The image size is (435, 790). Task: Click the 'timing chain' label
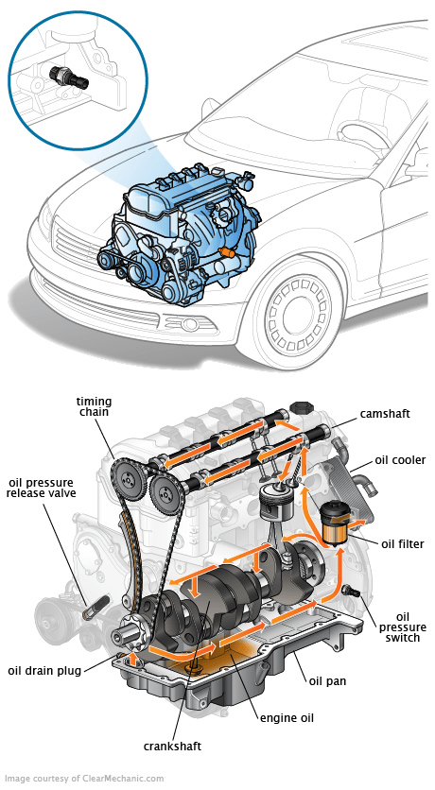pos(94,406)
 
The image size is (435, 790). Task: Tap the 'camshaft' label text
pos(385,414)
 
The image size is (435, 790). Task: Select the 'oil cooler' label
pos(400,460)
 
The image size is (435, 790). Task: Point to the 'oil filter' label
pos(403,544)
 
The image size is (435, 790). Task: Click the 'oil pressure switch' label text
pos(402,627)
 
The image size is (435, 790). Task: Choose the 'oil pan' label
pos(327,681)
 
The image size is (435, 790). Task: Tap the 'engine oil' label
pos(287,718)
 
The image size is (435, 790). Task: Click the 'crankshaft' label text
pos(172,747)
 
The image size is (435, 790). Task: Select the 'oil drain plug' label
pos(44,671)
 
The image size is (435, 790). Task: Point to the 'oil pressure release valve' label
pos(41,488)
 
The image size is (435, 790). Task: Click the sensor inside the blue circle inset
pos(69,77)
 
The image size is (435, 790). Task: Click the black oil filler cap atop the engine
pos(301,406)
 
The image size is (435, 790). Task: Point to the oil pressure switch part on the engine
pos(350,591)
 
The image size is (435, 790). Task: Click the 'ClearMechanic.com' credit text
pos(124,779)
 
